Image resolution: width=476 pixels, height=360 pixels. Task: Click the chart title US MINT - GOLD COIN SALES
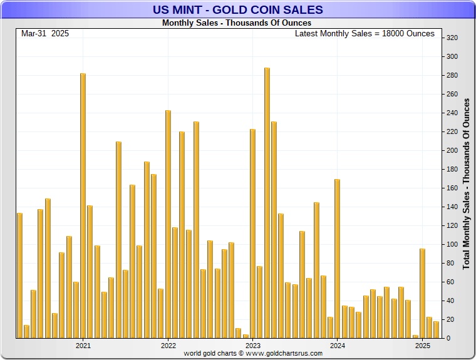[237, 9]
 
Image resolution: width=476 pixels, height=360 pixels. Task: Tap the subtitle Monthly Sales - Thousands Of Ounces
[236, 23]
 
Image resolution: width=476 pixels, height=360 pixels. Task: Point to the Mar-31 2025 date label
[45, 34]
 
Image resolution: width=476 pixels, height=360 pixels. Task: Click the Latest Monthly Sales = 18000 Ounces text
[365, 34]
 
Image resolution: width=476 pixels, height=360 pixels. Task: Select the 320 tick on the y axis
[452, 38]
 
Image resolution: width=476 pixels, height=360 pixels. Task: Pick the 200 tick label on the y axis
[452, 151]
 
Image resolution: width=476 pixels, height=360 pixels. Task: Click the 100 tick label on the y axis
[452, 245]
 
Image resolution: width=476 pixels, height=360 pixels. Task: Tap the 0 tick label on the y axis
[448, 339]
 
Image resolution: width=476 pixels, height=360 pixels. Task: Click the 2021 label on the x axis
[83, 345]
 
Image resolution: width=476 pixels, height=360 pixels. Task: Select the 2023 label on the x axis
[252, 345]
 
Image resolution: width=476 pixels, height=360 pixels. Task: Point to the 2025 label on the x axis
[422, 345]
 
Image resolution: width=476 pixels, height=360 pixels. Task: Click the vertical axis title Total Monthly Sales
[466, 183]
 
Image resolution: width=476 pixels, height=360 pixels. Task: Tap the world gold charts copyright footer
[253, 354]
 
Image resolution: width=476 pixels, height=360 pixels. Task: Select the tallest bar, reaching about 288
[267, 203]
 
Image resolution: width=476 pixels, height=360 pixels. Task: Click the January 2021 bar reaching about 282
[83, 206]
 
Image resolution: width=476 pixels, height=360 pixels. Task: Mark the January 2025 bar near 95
[422, 293]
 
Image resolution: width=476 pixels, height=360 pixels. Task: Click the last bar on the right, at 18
[436, 330]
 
